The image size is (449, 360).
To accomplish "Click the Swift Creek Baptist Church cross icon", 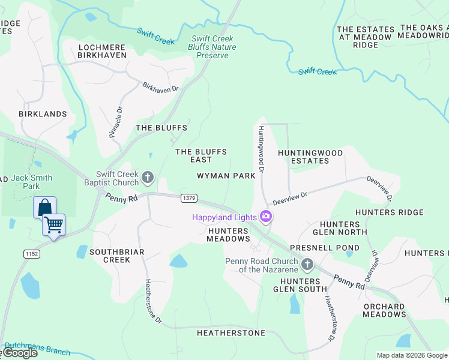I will pos(148,178).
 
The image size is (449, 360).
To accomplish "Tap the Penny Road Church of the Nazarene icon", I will pos(307,265).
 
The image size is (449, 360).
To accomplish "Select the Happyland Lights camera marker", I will pos(265,217).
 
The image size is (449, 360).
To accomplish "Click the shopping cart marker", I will pos(53,226).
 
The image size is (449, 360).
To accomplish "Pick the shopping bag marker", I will pos(44,208).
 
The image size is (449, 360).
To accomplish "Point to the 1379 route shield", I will pos(188,198).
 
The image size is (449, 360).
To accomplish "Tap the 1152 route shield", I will pos(31,254).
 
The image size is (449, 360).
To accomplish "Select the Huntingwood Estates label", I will pos(310,157).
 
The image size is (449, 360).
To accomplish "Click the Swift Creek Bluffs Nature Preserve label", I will pos(212,47).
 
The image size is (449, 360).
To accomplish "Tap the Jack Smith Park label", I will pos(31,182).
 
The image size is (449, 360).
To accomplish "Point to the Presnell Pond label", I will pos(325,247).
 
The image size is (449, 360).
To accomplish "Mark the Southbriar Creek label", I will pos(116,256).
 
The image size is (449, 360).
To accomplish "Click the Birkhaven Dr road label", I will pos(160,88).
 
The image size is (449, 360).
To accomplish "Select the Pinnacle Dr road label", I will pos(115,122).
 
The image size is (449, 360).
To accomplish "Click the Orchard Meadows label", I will pos(384,310).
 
